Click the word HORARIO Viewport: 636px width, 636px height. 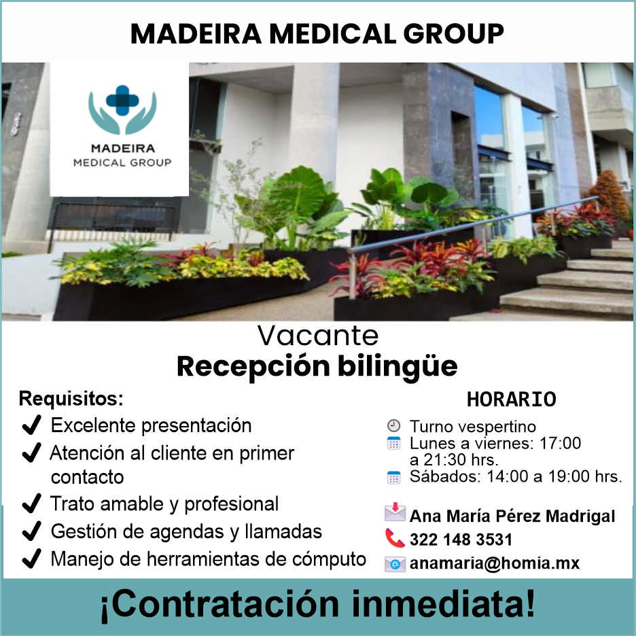click(511, 400)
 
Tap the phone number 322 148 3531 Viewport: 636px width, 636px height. click(461, 540)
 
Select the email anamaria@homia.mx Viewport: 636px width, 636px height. click(494, 563)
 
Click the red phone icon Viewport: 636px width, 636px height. click(395, 539)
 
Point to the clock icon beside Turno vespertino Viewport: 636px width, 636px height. click(393, 426)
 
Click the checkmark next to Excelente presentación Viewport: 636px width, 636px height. click(31, 426)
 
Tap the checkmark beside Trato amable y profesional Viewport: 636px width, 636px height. click(31, 504)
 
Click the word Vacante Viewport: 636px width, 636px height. click(317, 336)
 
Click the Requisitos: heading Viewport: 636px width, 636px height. click(71, 397)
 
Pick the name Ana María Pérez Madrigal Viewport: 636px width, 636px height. click(512, 516)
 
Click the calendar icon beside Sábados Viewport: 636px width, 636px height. click(393, 477)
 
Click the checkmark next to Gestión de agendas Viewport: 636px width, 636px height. click(31, 531)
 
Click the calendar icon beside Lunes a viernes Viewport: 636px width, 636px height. click(393, 444)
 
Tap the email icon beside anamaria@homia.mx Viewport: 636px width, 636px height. click(395, 564)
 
